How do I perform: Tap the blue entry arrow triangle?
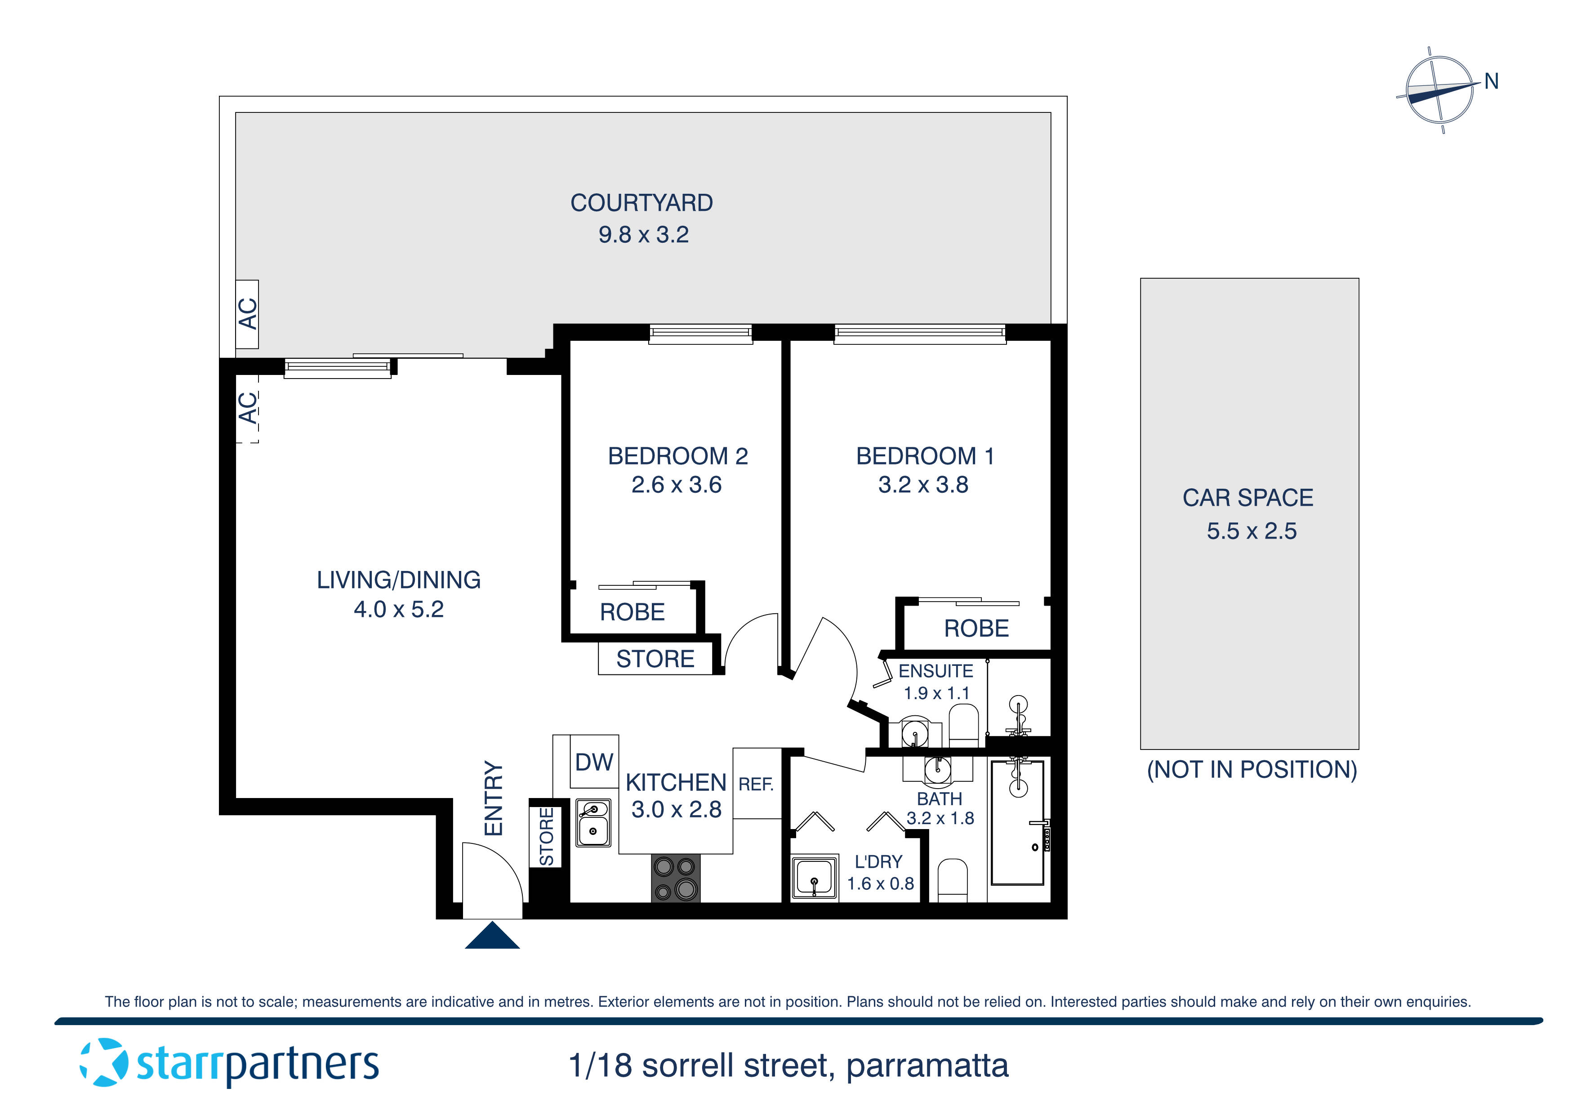(492, 937)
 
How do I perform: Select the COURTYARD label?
(641, 203)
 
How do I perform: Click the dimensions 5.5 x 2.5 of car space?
(1252, 531)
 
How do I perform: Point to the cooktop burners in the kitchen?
(675, 878)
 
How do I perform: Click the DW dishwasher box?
(593, 762)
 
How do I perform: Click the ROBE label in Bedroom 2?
(632, 612)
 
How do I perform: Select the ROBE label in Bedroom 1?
(976, 629)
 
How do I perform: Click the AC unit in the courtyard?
(247, 314)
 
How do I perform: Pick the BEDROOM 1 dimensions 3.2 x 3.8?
(923, 485)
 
